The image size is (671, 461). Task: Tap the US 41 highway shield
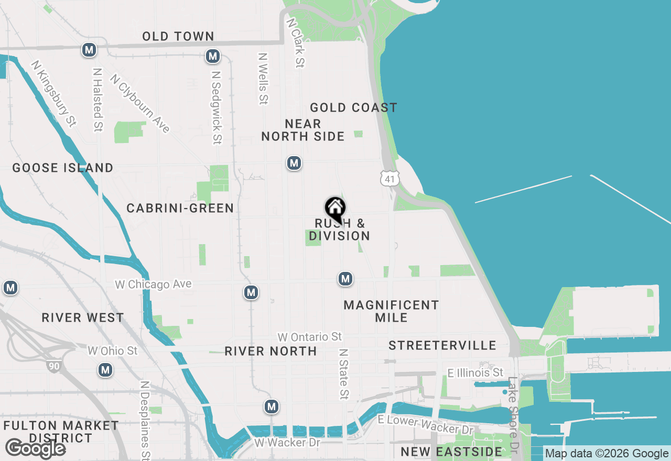coord(389,178)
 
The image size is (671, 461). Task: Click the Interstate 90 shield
coord(54,366)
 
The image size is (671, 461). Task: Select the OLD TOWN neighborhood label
coord(178,36)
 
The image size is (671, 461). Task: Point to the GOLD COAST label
coord(353,108)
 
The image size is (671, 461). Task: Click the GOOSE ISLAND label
coord(63,168)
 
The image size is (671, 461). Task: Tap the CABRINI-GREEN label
coord(180,208)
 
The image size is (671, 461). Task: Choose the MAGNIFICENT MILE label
coord(391,311)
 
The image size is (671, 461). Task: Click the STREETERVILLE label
coord(442,345)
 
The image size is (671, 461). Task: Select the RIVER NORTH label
coord(270,351)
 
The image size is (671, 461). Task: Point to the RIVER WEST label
coord(83,318)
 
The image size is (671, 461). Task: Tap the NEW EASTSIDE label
coord(451,452)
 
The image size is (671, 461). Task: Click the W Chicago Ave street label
coord(154,284)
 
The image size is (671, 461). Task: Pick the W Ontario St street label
coord(310,337)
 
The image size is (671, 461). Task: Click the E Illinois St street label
coord(475,373)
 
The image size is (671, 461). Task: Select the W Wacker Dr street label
coord(287,443)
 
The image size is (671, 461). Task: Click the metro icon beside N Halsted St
coord(89,50)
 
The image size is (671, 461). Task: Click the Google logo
coord(35,448)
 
